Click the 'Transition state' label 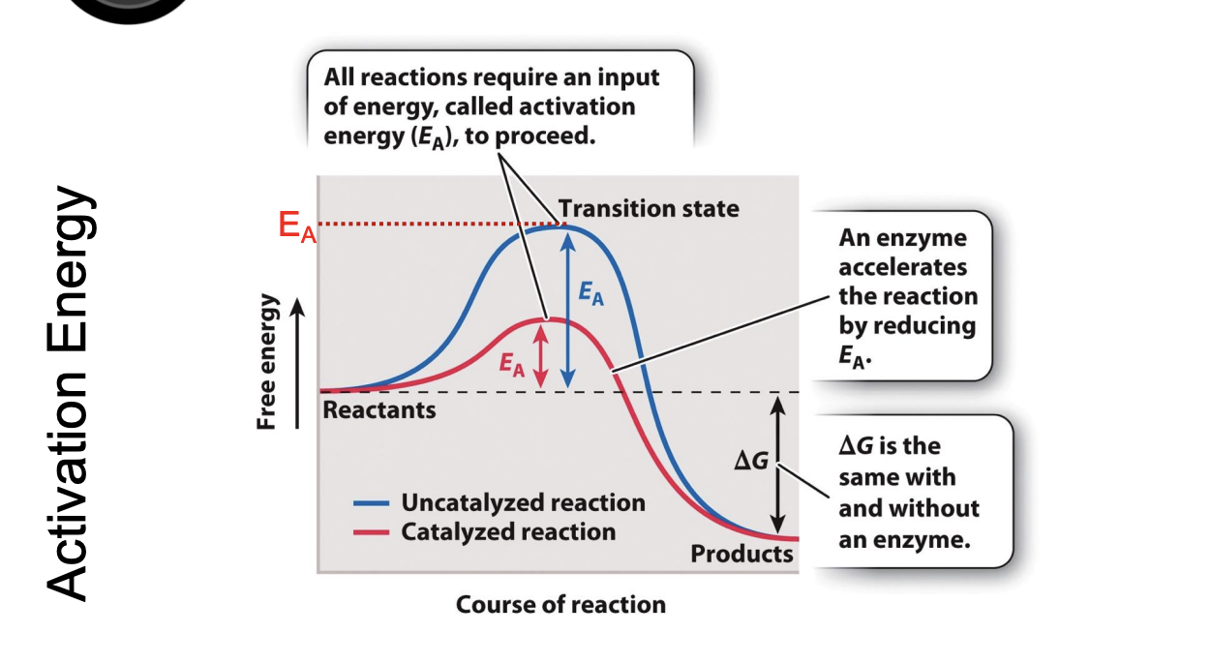coord(648,208)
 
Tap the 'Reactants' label coord(378,410)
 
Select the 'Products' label coord(741,554)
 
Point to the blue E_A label coord(590,295)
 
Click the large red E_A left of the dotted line coord(296,228)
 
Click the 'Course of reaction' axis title coord(560,605)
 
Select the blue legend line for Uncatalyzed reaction coord(370,503)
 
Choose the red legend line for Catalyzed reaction coord(370,532)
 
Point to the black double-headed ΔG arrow coord(775,462)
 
